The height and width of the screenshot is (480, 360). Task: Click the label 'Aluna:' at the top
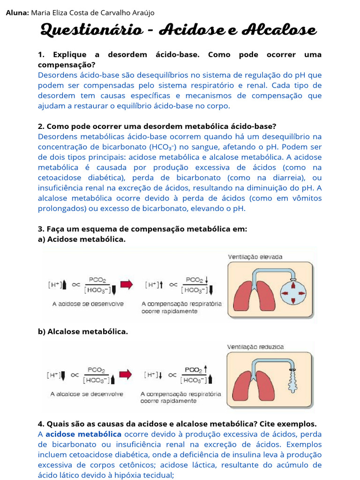17,13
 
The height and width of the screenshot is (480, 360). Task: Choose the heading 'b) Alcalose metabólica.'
82,331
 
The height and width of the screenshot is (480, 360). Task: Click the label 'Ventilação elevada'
255,256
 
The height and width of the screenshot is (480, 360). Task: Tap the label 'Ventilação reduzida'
255,347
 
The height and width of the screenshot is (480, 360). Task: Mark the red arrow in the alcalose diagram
126,374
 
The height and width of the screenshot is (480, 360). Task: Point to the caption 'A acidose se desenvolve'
88,304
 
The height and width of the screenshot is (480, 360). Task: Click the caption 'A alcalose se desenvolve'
87,394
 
